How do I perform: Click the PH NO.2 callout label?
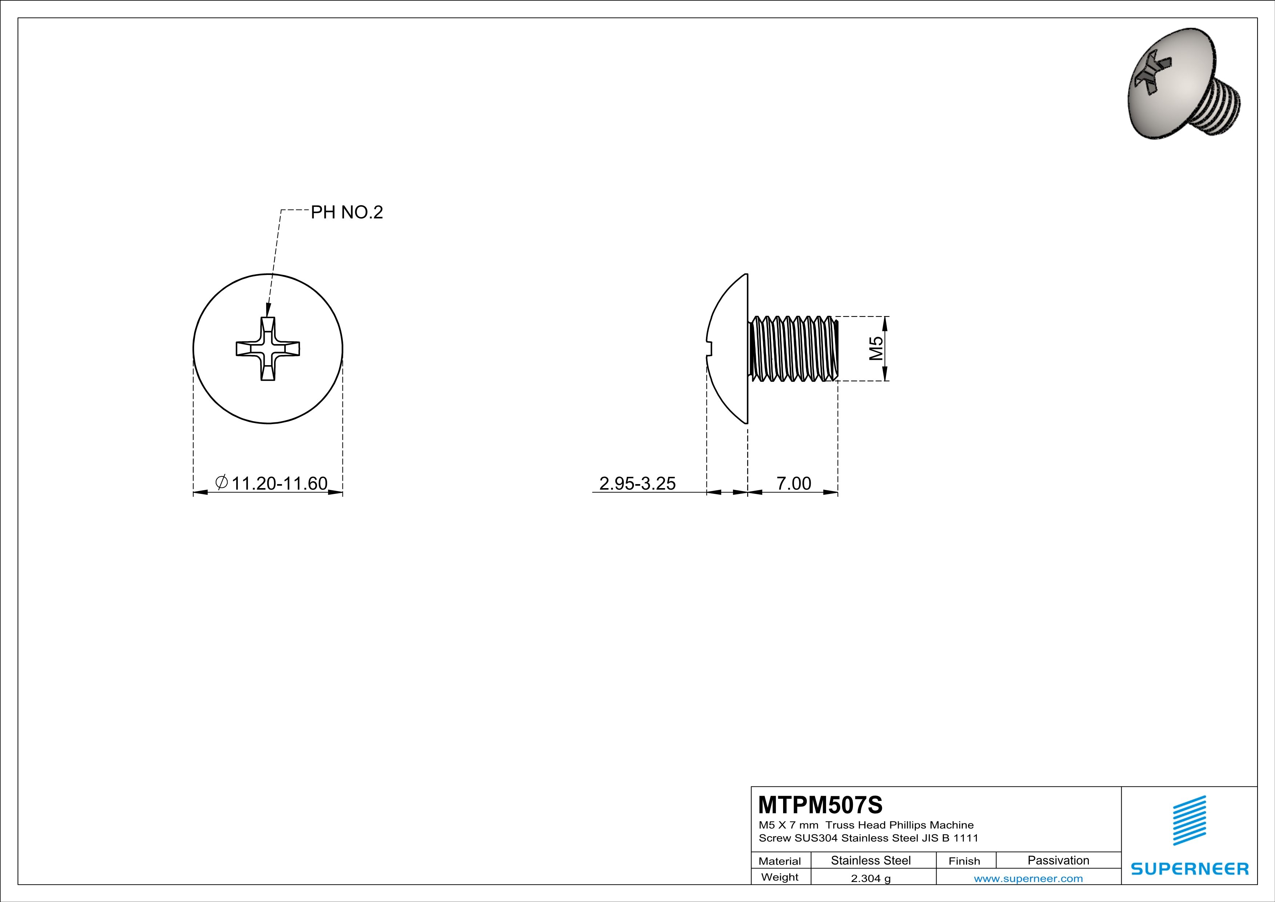(346, 212)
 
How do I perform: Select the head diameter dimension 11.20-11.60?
(279, 483)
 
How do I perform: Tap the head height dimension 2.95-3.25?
(638, 483)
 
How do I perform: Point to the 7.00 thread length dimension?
(794, 483)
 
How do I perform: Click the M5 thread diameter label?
(876, 348)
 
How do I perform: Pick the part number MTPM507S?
(820, 805)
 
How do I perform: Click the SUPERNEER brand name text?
(1190, 869)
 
